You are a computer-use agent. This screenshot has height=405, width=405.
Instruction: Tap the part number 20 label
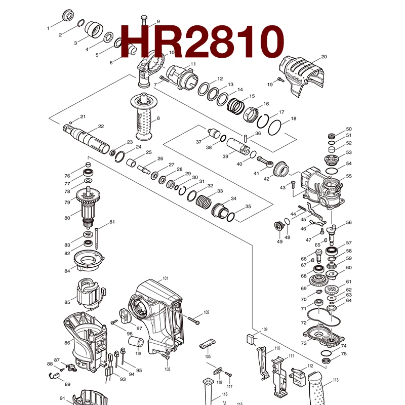[x=324, y=57]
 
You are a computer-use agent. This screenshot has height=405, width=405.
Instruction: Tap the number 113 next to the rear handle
[x=335, y=380]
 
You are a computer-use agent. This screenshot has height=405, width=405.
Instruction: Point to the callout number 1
[x=49, y=28]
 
